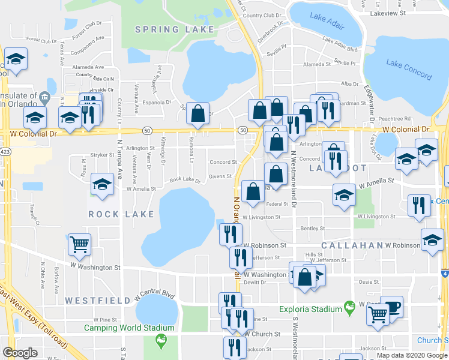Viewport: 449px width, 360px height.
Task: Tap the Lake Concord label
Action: click(408, 70)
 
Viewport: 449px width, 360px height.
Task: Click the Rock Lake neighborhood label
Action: click(118, 214)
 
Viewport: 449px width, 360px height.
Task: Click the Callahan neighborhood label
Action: click(352, 246)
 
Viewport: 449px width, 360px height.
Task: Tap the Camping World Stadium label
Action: click(129, 328)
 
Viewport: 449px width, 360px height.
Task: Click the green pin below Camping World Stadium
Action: click(160, 340)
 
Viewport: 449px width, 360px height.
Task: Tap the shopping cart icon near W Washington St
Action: click(79, 244)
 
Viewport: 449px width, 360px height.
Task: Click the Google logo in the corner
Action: click(20, 353)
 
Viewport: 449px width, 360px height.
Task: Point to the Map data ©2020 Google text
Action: click(412, 355)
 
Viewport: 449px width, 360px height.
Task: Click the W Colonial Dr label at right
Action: click(406, 129)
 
